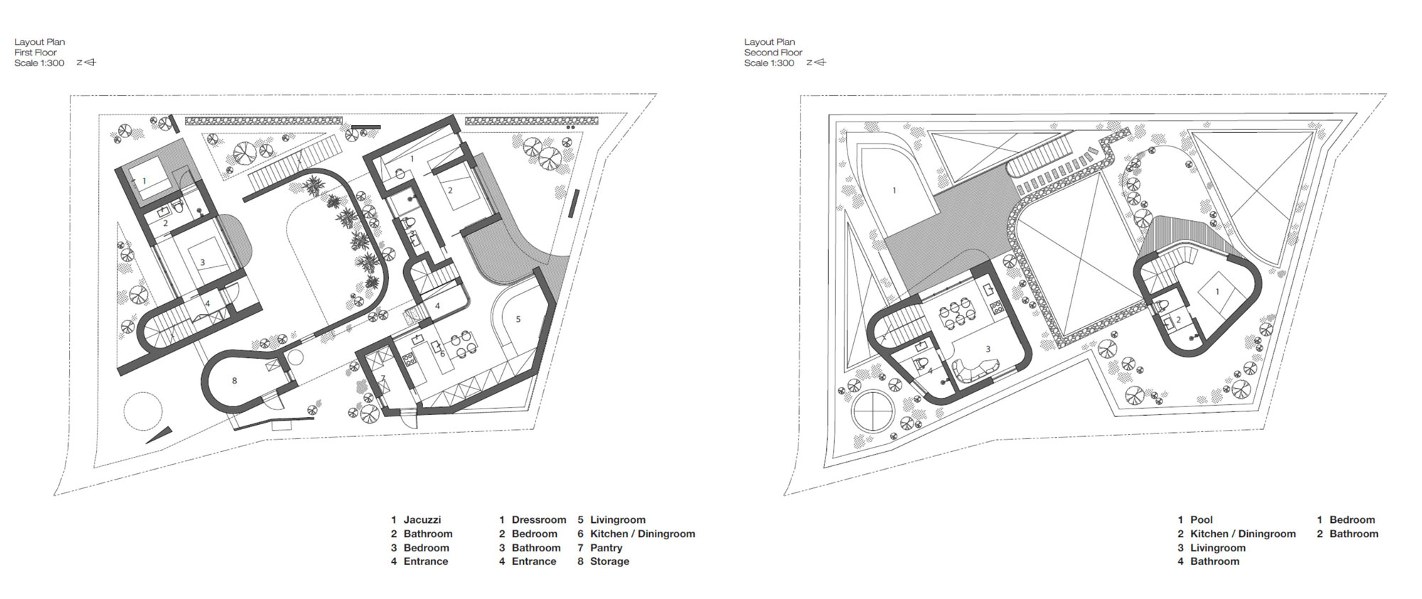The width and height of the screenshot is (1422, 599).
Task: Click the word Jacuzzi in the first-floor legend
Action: pos(422,520)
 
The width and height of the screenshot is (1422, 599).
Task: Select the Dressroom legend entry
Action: pos(539,520)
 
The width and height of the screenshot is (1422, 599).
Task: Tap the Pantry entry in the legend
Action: pos(606,548)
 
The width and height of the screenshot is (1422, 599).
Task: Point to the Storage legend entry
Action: pos(609,561)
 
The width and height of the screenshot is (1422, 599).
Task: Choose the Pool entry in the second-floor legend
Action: pos(1202,520)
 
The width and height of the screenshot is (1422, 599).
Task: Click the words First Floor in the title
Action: pos(36,53)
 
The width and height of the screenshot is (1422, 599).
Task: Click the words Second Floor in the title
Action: pos(773,53)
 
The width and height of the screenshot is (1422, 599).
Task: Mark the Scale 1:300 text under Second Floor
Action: pos(769,63)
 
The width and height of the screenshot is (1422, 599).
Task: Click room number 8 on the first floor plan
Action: pos(235,381)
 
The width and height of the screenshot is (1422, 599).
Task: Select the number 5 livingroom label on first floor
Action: pos(518,320)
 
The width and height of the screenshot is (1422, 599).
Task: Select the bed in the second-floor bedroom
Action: pos(1217,293)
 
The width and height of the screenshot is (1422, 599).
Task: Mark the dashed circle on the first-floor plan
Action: pos(143,410)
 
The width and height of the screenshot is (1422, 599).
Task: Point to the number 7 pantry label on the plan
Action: pos(383,378)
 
